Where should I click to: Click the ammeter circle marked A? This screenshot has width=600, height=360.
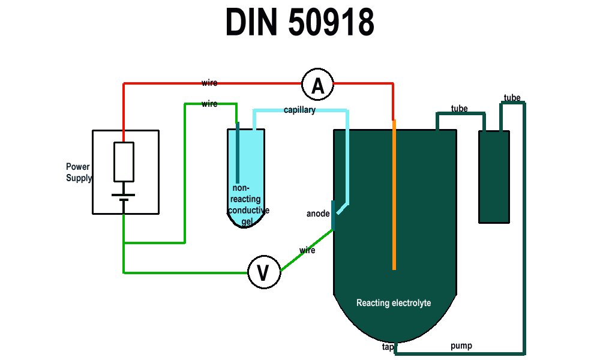(x=317, y=86)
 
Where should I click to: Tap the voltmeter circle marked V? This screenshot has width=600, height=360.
(x=263, y=273)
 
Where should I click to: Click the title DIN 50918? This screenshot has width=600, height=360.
(x=299, y=24)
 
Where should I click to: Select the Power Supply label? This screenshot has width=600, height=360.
(x=79, y=172)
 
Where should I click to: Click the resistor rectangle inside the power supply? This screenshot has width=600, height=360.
(x=124, y=162)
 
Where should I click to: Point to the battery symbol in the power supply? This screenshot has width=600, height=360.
(x=124, y=197)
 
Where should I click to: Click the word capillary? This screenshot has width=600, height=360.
(x=299, y=110)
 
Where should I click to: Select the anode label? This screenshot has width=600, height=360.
(x=318, y=214)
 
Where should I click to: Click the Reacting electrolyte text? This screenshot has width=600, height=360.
(x=394, y=303)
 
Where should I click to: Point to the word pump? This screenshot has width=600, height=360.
(x=461, y=346)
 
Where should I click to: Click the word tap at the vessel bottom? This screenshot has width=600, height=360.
(x=388, y=347)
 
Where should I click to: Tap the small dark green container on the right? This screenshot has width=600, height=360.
(x=494, y=177)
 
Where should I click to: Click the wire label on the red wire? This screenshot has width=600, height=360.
(x=209, y=83)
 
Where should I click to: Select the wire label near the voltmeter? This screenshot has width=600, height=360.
(x=307, y=250)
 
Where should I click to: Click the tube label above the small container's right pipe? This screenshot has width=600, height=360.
(x=512, y=98)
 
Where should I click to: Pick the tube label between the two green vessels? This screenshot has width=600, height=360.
(x=459, y=109)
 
